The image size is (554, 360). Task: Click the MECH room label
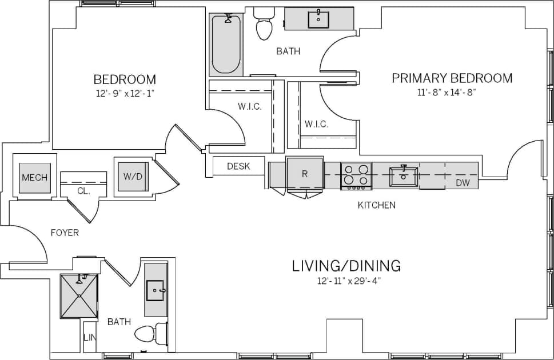(x=34, y=177)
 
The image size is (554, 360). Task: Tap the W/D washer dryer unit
(x=133, y=176)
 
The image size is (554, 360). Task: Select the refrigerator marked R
(x=304, y=174)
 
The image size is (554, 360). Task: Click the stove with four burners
(x=356, y=176)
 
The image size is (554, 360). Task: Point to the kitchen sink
(x=404, y=176)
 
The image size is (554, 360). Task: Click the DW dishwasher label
(x=463, y=183)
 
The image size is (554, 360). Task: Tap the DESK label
(x=238, y=166)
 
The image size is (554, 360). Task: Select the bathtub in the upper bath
(x=226, y=45)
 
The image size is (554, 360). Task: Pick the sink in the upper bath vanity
(x=318, y=19)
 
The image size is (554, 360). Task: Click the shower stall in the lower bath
(x=79, y=296)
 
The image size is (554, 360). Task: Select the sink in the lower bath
(x=156, y=290)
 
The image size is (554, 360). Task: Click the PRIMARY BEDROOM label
(x=452, y=78)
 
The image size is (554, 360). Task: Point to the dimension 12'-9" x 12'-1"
(x=124, y=93)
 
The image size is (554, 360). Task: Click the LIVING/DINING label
(x=346, y=266)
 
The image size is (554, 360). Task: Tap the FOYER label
(x=65, y=233)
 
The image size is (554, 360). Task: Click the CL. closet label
(x=83, y=191)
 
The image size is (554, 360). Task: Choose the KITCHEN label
(x=376, y=205)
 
